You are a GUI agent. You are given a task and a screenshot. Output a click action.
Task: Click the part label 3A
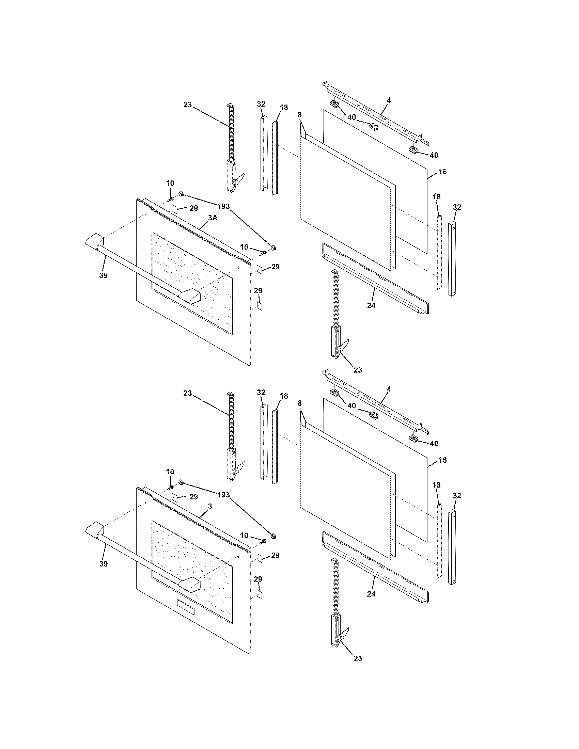(213, 218)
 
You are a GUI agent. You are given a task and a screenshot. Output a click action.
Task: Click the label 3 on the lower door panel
(210, 506)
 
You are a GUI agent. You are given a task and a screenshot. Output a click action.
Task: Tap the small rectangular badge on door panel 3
(186, 607)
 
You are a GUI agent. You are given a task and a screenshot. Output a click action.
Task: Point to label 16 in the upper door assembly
(442, 172)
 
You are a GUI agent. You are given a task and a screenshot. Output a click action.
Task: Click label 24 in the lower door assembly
(371, 594)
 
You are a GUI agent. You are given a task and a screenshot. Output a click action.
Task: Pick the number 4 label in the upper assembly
(389, 100)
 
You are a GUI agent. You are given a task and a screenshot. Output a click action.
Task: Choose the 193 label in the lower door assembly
(224, 495)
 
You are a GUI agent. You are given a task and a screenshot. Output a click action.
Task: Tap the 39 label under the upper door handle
(103, 275)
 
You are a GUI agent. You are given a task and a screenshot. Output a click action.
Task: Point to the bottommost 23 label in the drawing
(357, 658)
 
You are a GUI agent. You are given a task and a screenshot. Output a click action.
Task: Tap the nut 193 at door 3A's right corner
(273, 247)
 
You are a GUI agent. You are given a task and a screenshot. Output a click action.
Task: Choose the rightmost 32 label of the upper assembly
(457, 207)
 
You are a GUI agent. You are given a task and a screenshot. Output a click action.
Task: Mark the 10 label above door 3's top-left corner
(170, 472)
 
